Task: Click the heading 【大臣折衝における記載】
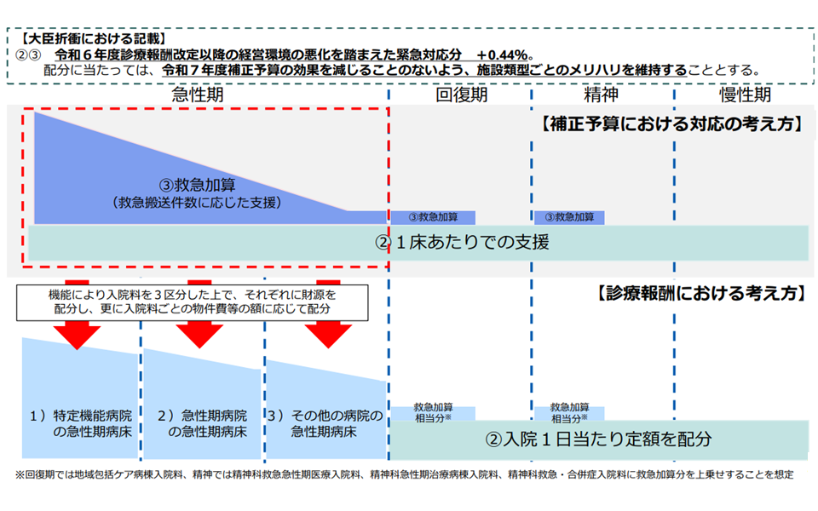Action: tap(89, 38)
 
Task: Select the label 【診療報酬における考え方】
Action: tap(698, 293)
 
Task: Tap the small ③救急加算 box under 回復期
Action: tap(433, 217)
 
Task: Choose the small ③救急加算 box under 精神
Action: tap(570, 217)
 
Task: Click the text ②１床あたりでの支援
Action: tap(462, 243)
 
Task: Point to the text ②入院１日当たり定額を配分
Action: tap(598, 439)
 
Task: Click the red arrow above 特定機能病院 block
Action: tap(82, 334)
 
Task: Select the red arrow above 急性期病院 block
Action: tap(200, 334)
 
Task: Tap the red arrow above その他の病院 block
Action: tap(328, 334)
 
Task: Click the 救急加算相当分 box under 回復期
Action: tap(433, 413)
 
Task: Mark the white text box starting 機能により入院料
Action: tap(193, 301)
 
